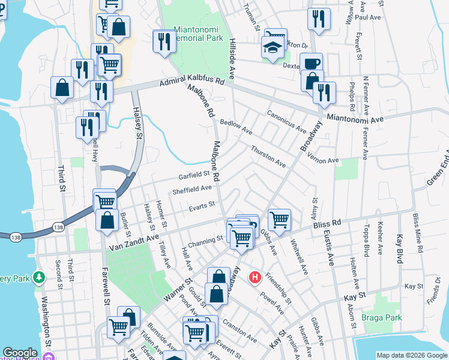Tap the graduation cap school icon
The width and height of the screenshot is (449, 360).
[x=273, y=47]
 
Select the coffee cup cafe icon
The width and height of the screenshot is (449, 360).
[x=311, y=64]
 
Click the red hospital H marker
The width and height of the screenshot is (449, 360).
[x=255, y=277]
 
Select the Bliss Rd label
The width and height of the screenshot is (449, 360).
[x=327, y=223]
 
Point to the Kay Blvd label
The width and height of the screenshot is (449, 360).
[x=400, y=248]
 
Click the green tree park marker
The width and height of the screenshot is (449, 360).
[x=40, y=277]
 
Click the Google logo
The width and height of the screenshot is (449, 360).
[x=20, y=353]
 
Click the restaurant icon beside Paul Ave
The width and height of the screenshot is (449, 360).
[x=319, y=18]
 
